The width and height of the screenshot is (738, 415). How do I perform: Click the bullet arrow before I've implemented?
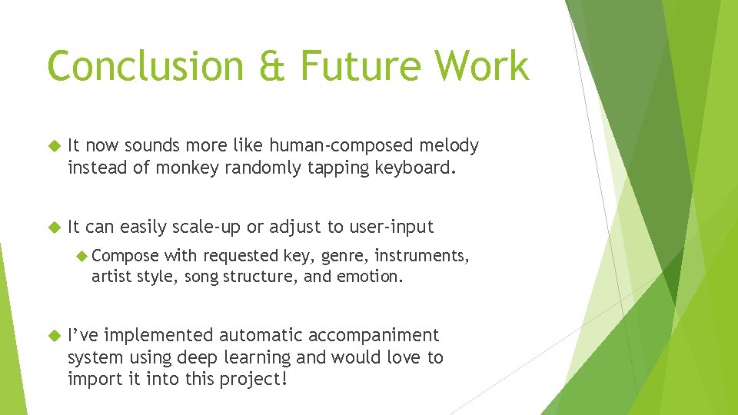point(54,336)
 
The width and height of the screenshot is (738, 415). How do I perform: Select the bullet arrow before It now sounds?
point(54,145)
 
